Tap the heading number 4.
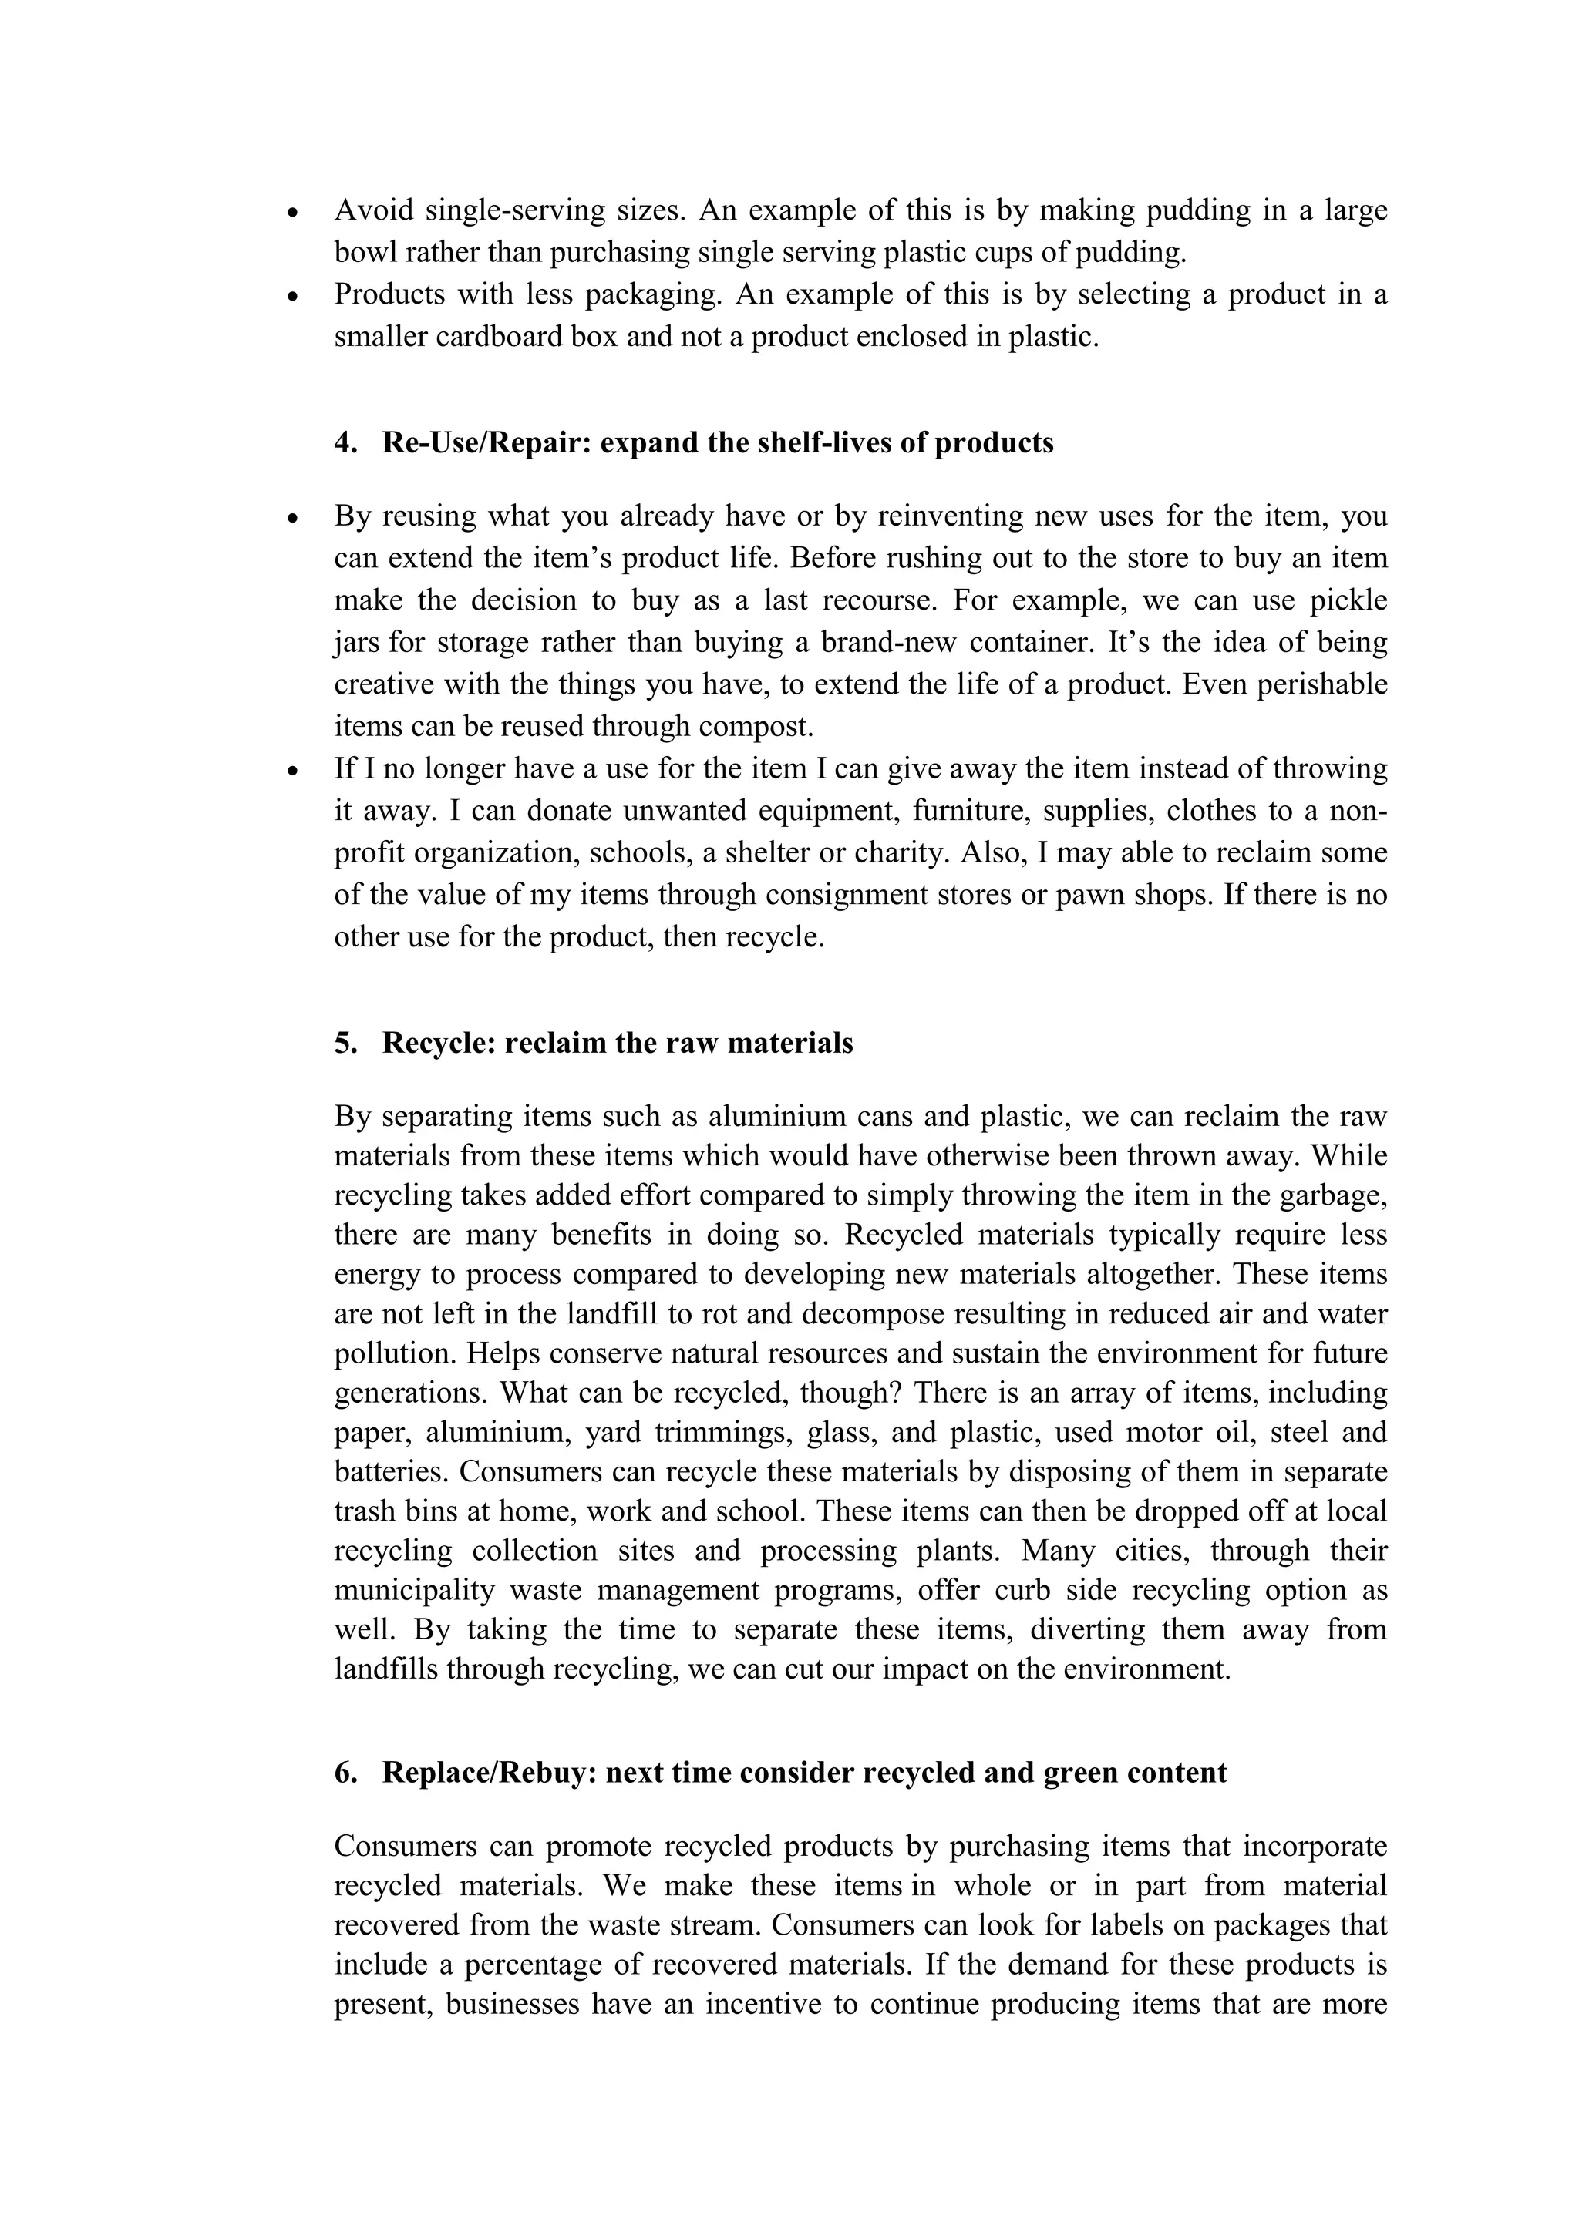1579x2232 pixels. (x=345, y=443)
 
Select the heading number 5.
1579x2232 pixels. (x=345, y=1043)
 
